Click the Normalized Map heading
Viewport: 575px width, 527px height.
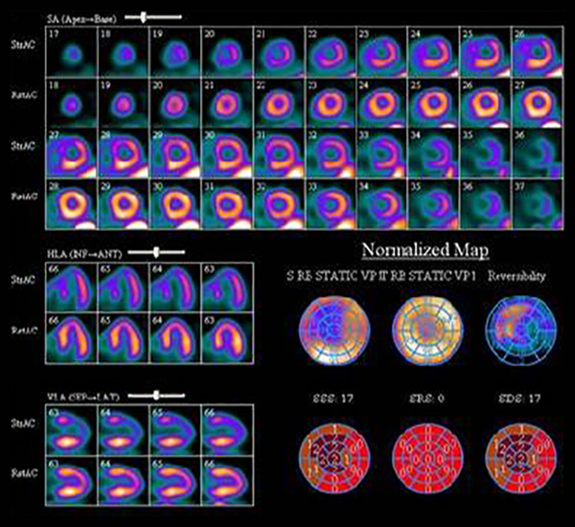[425, 251]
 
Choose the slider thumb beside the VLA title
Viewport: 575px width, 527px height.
[157, 395]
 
